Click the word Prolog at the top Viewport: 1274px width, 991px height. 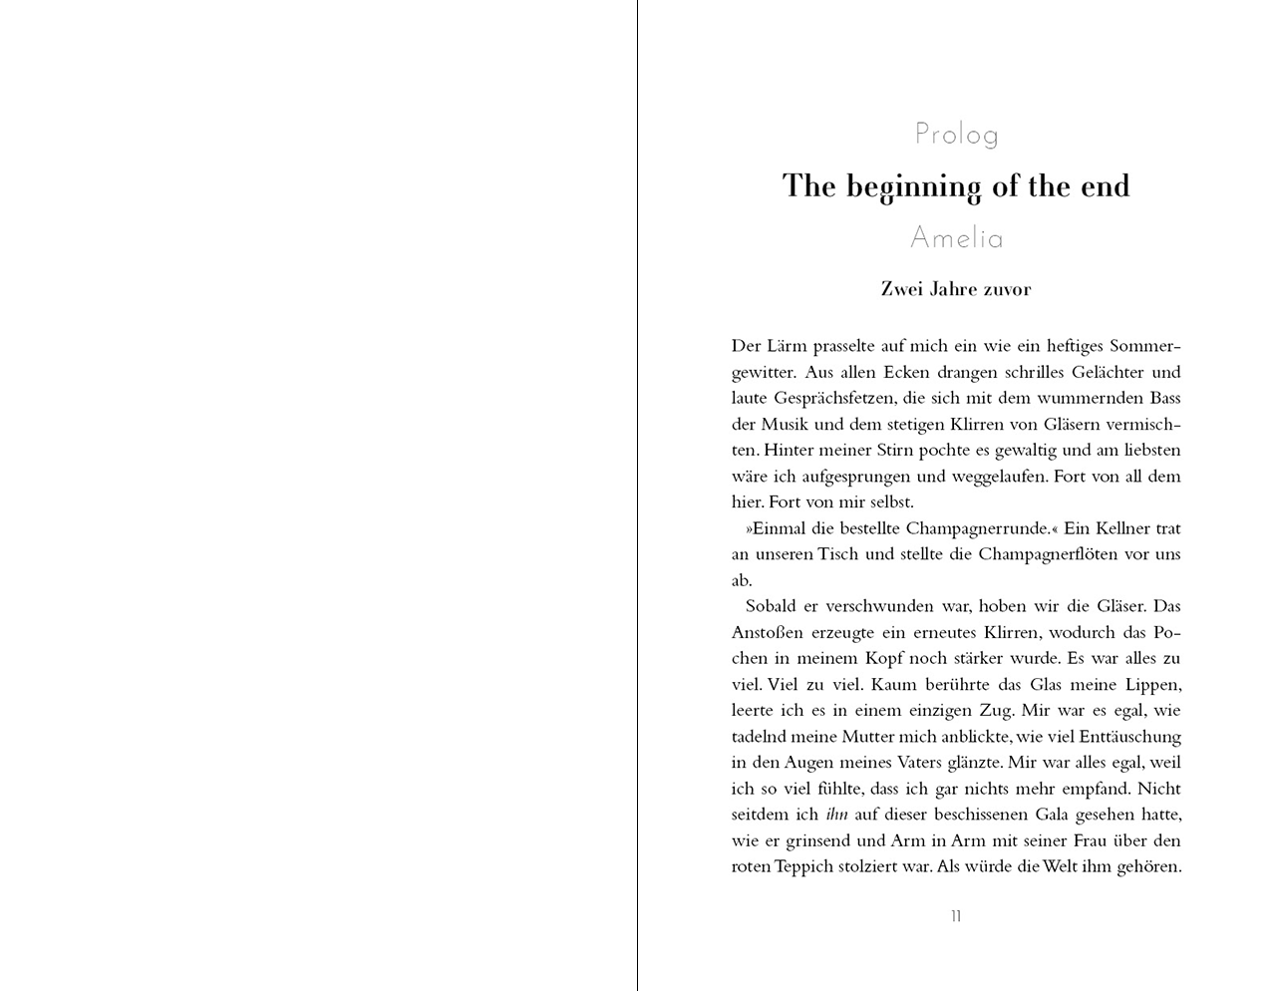pos(956,134)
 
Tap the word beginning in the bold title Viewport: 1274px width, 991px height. pos(913,187)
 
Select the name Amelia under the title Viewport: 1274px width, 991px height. pos(956,238)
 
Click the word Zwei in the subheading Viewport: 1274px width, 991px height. pos(901,289)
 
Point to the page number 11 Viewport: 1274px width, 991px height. pos(956,916)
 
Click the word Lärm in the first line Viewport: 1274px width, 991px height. pos(787,346)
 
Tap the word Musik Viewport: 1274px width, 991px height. pos(785,425)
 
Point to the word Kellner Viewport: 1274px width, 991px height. pos(1124,528)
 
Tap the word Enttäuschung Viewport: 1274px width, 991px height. pos(1123,737)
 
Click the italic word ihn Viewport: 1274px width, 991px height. pos(836,815)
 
